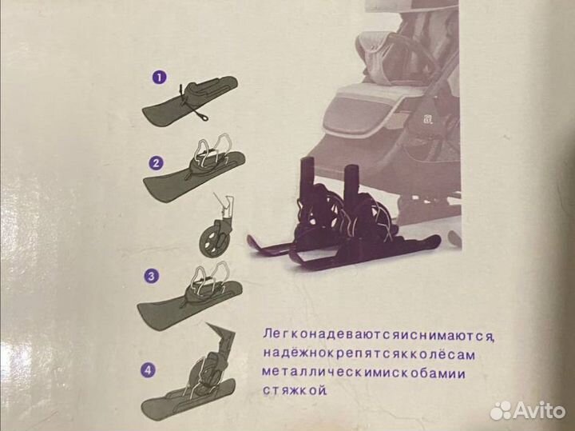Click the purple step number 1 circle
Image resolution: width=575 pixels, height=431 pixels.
point(158,78)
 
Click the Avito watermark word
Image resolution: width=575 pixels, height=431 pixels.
point(538,409)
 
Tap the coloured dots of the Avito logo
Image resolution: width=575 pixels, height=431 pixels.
point(501,409)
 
